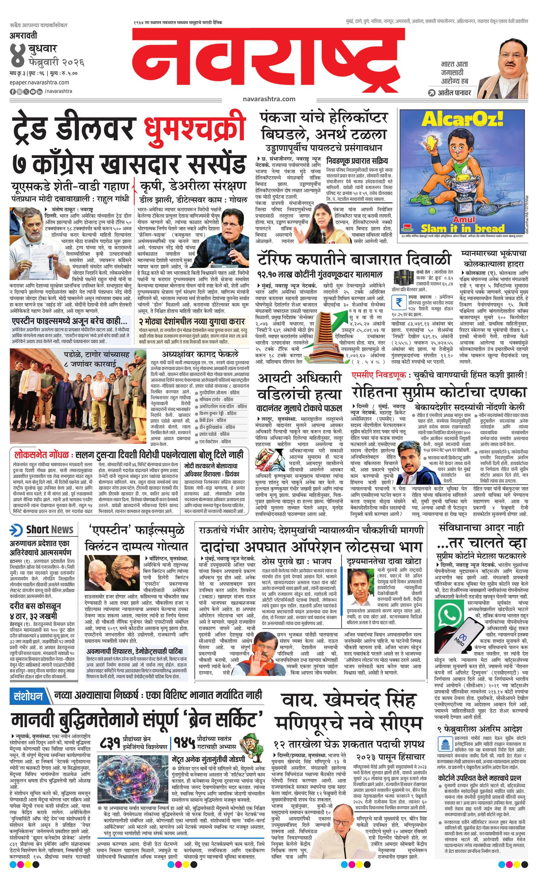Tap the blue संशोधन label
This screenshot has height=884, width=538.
(x=28, y=697)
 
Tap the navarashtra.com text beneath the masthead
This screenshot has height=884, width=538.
(x=269, y=99)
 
